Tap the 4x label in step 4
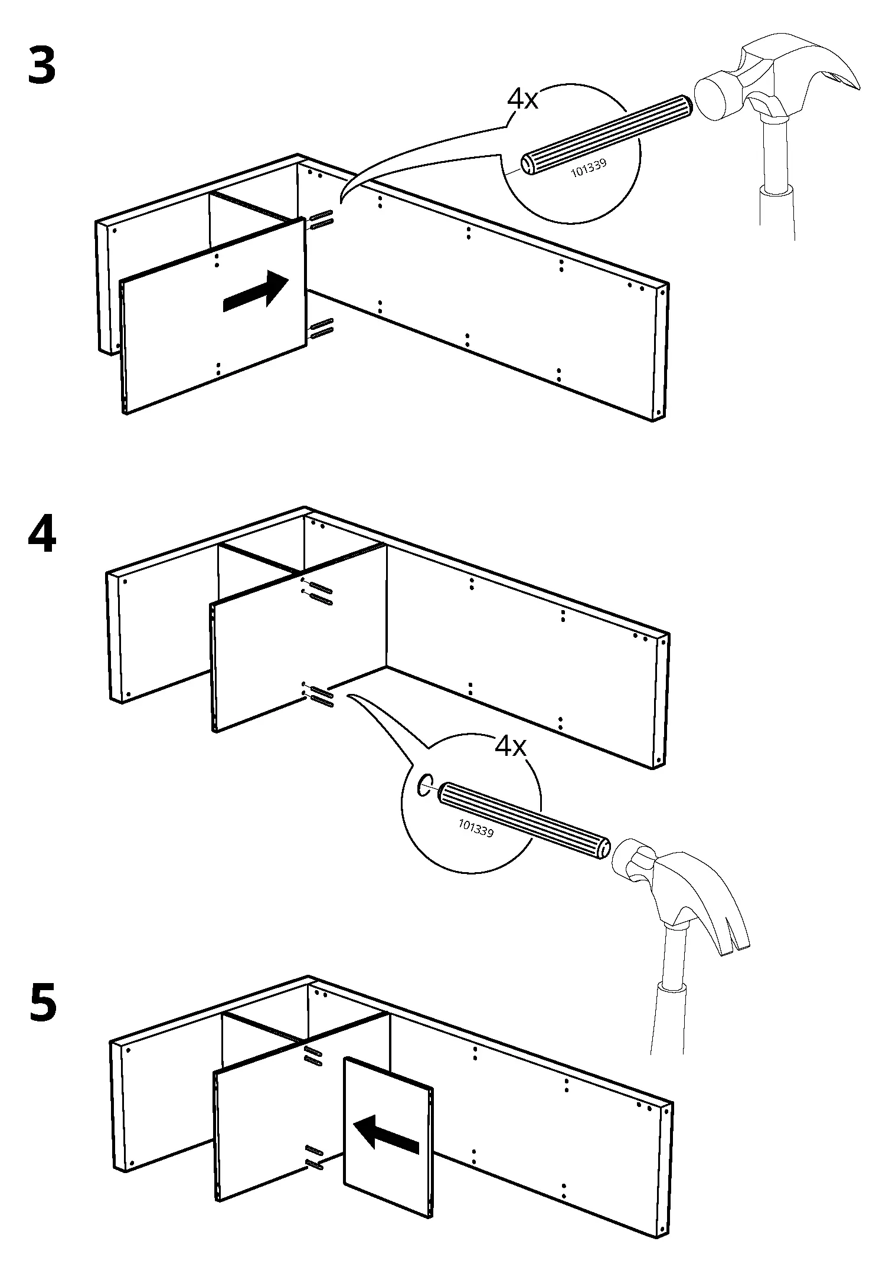point(510,747)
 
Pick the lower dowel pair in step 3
point(321,329)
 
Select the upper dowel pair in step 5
point(313,1057)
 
